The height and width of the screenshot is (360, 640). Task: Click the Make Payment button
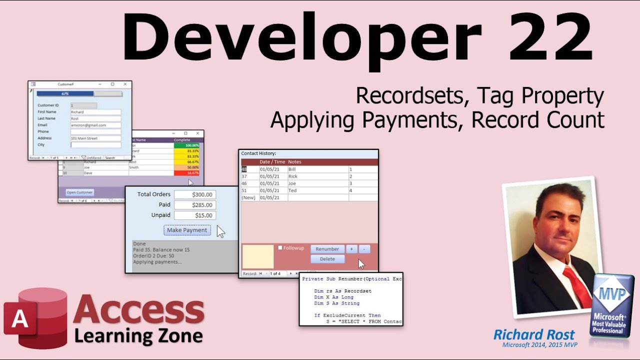(187, 230)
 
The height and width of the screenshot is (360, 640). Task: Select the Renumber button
(327, 249)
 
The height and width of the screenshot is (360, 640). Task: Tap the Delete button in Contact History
(327, 259)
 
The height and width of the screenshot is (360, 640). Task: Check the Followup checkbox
(280, 247)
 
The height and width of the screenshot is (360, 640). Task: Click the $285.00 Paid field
(195, 205)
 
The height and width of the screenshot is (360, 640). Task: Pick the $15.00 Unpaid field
(195, 215)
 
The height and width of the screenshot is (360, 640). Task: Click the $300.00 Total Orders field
(195, 194)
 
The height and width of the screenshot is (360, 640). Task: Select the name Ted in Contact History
(293, 190)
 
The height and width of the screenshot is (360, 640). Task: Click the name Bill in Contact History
(292, 169)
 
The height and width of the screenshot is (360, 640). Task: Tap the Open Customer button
(80, 192)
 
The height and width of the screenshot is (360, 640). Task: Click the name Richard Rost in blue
(534, 334)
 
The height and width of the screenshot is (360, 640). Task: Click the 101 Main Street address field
(95, 138)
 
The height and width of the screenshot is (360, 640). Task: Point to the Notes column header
(295, 162)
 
